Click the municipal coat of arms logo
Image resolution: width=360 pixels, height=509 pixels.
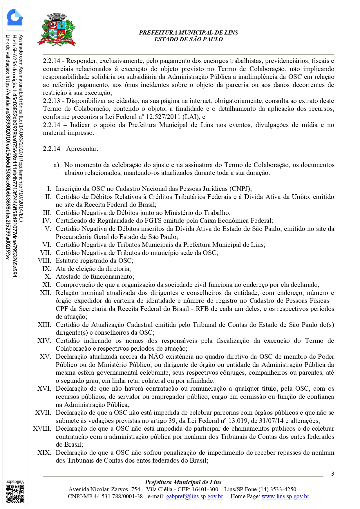[x=57, y=30]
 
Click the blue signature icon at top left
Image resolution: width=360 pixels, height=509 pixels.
[x=15, y=17]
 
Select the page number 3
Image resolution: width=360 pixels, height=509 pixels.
[x=332, y=474]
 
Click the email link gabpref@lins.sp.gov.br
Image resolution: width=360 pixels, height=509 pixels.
[x=194, y=496]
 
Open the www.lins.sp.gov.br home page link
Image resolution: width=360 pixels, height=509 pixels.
[x=285, y=496]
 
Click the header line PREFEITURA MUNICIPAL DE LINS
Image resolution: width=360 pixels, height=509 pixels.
[x=188, y=32]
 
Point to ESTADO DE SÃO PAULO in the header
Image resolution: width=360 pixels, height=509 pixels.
[x=188, y=39]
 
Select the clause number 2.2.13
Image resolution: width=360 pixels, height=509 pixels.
[x=52, y=101]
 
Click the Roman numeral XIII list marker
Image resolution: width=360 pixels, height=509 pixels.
[x=44, y=325]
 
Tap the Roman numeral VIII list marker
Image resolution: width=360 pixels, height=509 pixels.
[x=44, y=261]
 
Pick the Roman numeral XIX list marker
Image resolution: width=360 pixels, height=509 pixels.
[x=44, y=453]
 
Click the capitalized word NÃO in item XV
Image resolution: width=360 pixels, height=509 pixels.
[x=156, y=357]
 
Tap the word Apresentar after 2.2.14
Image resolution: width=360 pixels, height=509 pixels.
[x=82, y=149]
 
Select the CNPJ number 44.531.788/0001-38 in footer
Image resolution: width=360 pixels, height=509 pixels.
[x=118, y=496]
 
